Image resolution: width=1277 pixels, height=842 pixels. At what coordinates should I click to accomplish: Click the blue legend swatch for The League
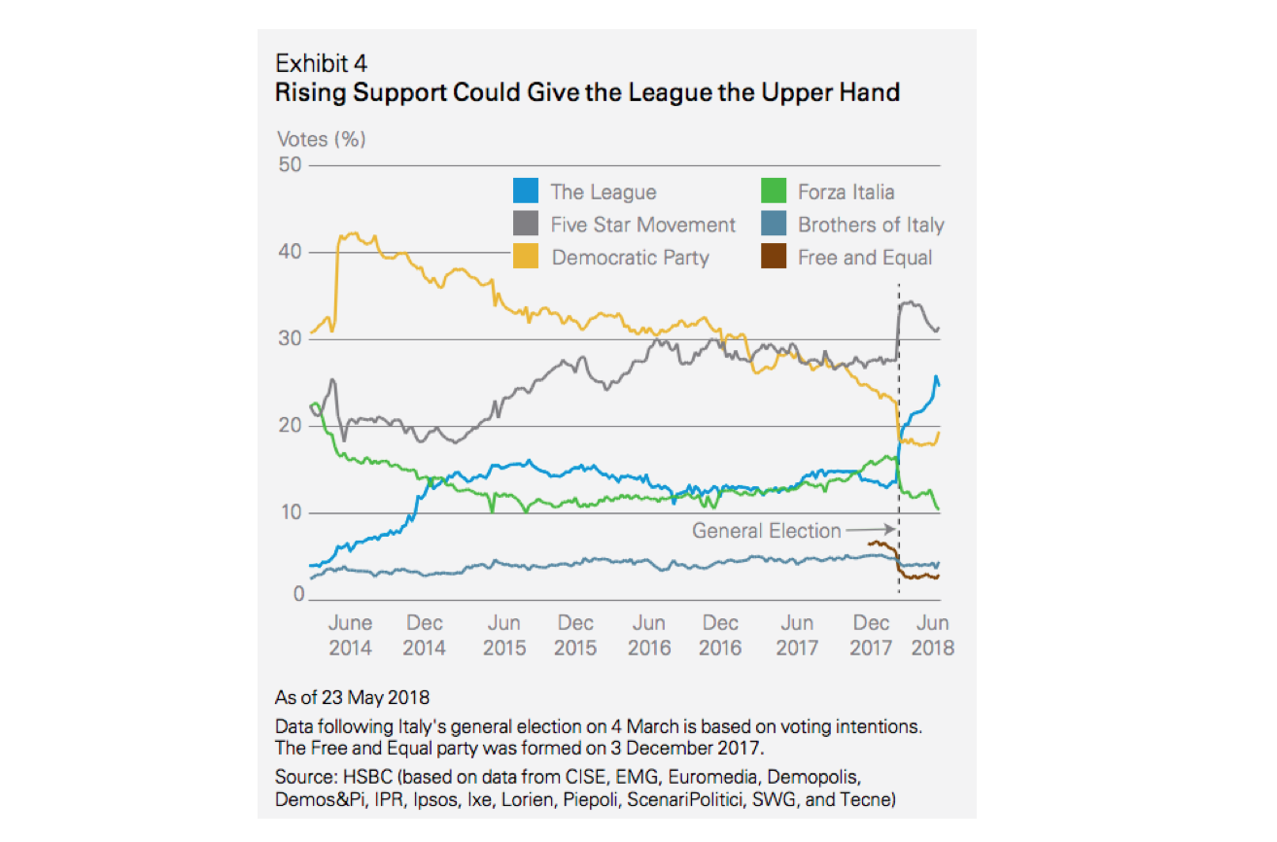[x=525, y=192]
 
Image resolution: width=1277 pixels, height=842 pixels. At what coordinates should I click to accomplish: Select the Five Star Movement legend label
[x=643, y=225]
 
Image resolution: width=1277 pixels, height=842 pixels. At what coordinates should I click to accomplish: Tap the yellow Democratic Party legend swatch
[x=525, y=258]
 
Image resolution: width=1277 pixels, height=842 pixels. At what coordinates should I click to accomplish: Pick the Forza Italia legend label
[x=846, y=192]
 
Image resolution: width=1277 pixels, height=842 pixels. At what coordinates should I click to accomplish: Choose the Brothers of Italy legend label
[x=871, y=225]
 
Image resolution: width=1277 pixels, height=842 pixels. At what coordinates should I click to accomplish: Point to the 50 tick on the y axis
[x=290, y=165]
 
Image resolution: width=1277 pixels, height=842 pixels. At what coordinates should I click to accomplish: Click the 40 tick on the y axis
[x=290, y=252]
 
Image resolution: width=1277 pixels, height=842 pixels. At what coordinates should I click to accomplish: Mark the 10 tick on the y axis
[x=290, y=512]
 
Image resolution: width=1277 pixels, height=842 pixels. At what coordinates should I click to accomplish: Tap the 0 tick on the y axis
[x=296, y=595]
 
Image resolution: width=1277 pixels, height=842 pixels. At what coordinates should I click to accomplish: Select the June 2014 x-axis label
[x=350, y=635]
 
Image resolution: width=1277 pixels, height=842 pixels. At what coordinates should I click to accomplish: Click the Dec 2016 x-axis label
[x=721, y=635]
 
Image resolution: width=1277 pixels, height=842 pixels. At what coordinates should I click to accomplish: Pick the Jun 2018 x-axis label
[x=933, y=635]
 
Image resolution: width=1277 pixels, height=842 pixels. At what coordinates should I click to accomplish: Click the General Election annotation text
[x=766, y=531]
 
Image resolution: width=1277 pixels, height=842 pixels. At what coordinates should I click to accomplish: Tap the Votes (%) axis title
[x=322, y=139]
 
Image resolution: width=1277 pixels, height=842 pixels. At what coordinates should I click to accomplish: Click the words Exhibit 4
[x=321, y=64]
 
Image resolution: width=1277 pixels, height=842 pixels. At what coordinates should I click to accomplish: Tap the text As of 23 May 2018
[x=353, y=697]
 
